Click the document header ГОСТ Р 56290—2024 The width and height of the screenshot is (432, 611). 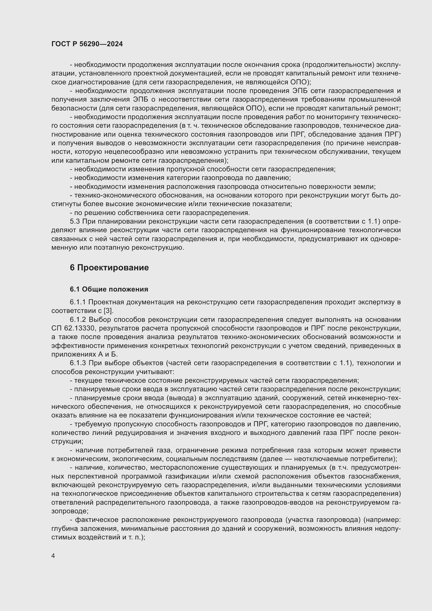tap(87, 44)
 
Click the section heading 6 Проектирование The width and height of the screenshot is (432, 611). tap(109, 267)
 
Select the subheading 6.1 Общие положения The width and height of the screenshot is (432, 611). tap(109, 289)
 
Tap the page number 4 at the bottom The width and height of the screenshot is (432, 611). tap(53, 556)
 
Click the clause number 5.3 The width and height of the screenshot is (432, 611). tap(75, 222)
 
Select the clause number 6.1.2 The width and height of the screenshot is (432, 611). tap(78, 319)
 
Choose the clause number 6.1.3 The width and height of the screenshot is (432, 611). tap(78, 363)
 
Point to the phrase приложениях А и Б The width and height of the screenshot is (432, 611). tap(84, 354)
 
